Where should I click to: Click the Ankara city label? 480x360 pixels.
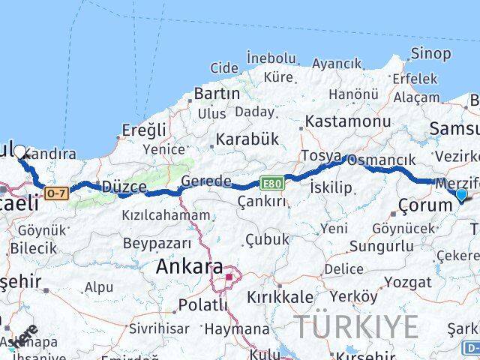click(189, 267)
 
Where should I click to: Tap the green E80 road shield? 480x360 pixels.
click(271, 183)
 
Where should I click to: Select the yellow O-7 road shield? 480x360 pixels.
click(56, 193)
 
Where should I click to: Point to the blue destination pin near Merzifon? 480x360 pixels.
click(460, 196)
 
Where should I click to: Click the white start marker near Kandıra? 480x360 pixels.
click(19, 151)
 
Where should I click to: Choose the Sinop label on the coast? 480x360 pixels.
click(431, 54)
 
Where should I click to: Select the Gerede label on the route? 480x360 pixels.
click(206, 181)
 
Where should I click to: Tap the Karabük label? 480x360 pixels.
click(247, 139)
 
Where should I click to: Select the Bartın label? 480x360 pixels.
click(217, 94)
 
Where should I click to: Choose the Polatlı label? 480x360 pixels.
click(202, 305)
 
